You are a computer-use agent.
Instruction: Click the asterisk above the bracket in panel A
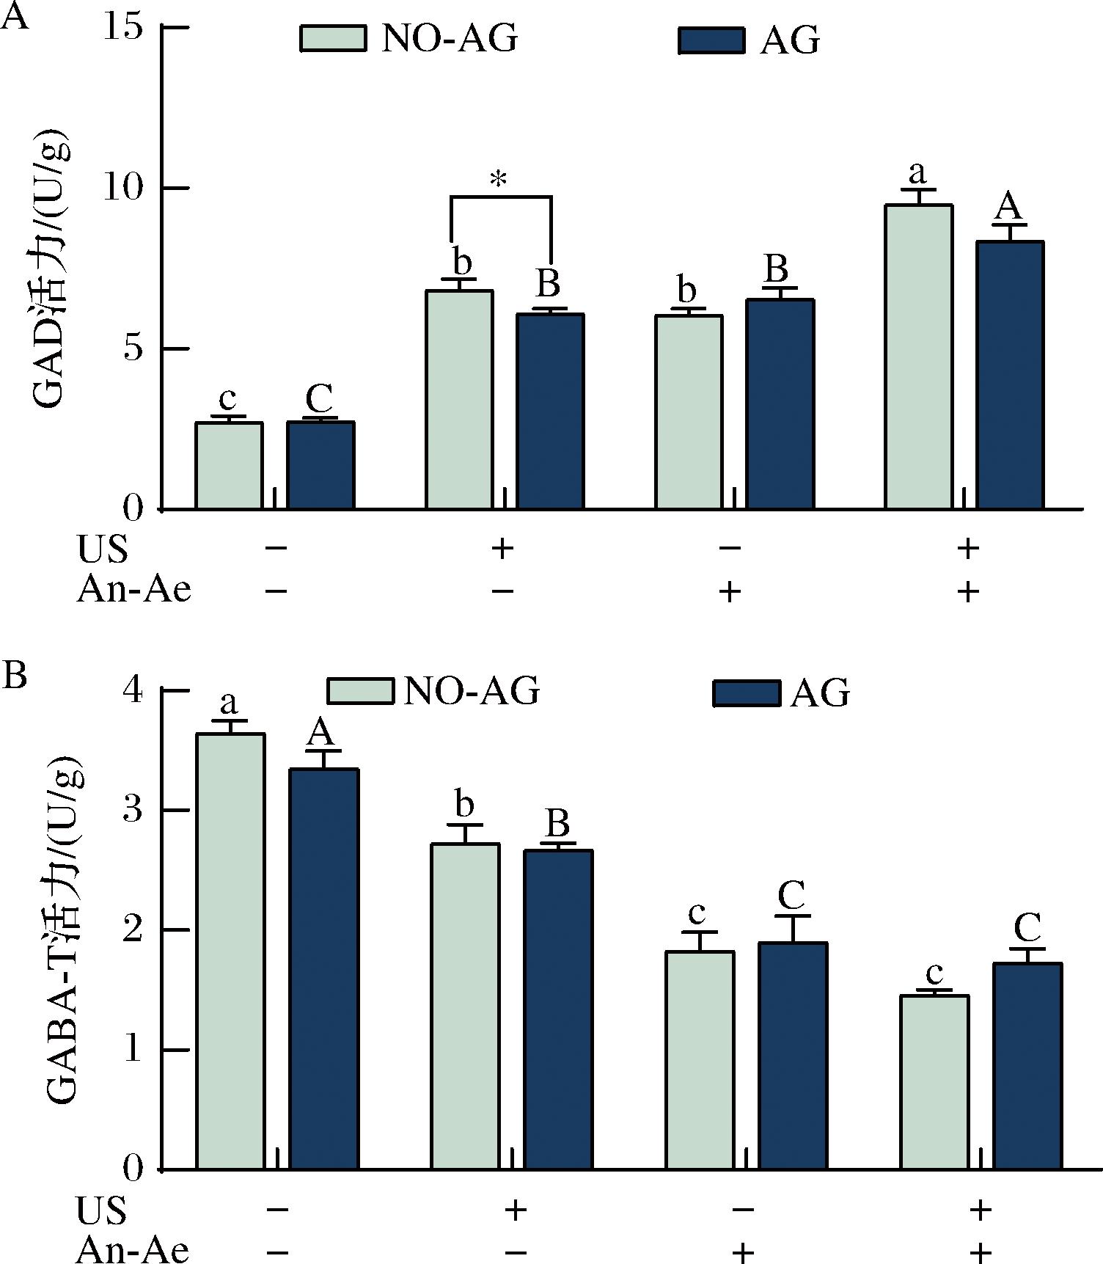[x=499, y=179]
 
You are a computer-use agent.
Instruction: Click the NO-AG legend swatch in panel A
[x=333, y=38]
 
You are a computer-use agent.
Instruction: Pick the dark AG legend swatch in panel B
[x=747, y=692]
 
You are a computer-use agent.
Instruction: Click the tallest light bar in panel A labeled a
[x=918, y=357]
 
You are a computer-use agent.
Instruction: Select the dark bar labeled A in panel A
[x=1010, y=375]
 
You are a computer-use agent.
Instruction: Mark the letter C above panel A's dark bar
[x=319, y=401]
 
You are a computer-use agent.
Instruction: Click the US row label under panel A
[x=102, y=549]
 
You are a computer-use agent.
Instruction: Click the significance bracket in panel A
[x=500, y=197]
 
